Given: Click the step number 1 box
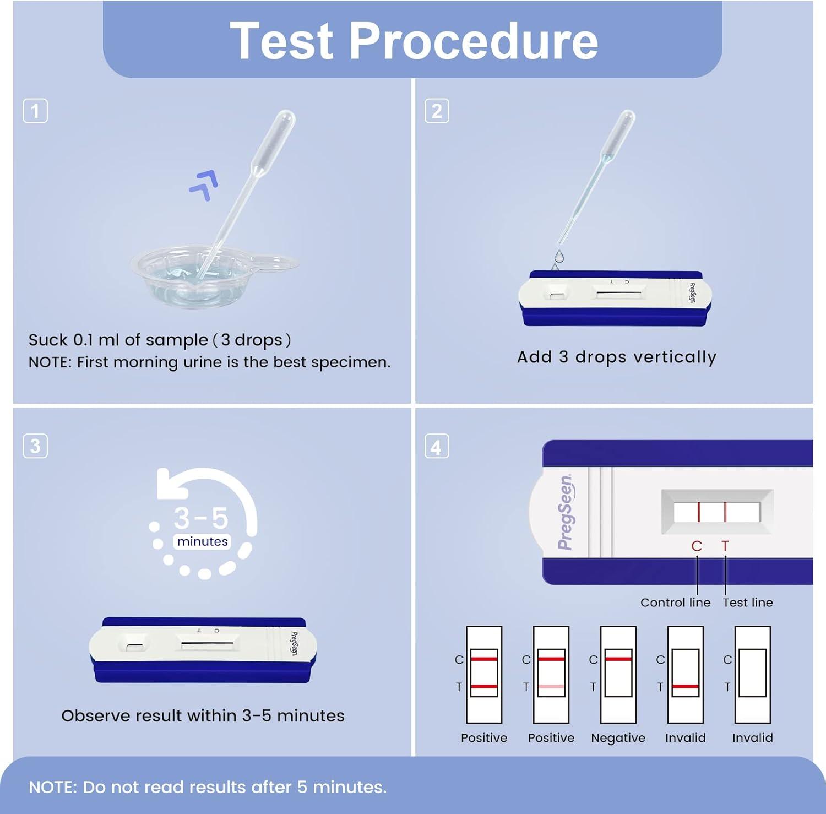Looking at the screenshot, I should coord(35,111).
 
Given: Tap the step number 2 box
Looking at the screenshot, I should coord(437,111).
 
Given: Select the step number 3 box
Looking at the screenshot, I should coord(35,446).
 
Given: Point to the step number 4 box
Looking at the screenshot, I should coord(437,447).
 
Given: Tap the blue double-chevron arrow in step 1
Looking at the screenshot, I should coord(204,185).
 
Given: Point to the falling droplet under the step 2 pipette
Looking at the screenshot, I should coord(559,256).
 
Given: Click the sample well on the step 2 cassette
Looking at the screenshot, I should coord(557,292).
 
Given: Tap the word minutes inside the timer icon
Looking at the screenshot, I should coord(202,541).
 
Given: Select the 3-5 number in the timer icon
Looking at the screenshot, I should coord(201,518).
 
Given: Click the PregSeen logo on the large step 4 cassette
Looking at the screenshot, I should coord(566,512).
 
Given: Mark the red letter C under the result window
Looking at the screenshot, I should coord(697,546).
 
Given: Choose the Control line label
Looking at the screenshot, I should coord(675,603).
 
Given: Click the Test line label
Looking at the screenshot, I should coord(747,603).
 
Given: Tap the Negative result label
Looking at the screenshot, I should coord(618,738).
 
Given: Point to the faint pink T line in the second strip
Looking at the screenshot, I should coord(551,687).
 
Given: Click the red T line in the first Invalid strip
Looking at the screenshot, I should coord(685,687).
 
